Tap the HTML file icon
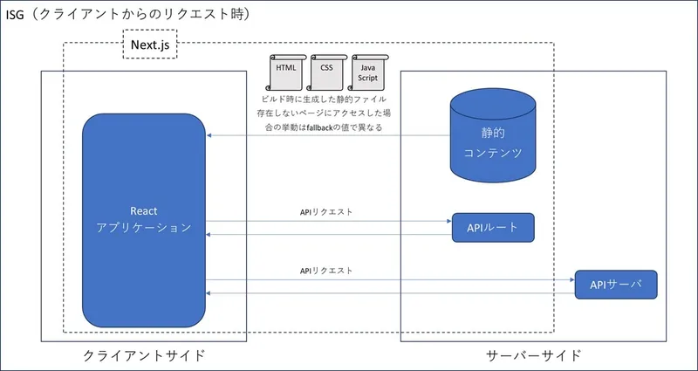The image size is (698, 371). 285,72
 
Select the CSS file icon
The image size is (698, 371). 326,72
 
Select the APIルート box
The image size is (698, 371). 493,228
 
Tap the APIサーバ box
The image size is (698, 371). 615,285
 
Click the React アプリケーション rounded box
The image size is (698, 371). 144,219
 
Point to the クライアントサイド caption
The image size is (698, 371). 144,355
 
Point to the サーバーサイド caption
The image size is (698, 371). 532,355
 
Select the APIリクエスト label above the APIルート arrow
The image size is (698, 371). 326,212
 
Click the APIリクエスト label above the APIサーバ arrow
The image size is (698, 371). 326,271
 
